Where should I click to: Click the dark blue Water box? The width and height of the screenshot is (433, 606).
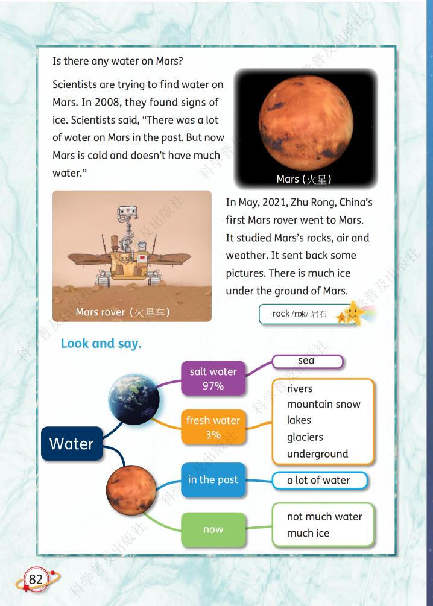[72, 444]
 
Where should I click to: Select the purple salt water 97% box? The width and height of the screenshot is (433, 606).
[213, 378]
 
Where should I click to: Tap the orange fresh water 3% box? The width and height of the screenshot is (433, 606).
[213, 427]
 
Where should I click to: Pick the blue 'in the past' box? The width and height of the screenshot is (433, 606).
[213, 479]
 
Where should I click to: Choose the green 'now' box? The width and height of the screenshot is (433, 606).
[213, 529]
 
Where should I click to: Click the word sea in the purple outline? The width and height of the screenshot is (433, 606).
[306, 361]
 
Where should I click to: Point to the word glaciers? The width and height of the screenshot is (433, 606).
[305, 437]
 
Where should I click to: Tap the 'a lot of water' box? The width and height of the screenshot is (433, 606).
[320, 481]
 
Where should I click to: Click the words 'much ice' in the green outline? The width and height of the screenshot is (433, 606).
[308, 533]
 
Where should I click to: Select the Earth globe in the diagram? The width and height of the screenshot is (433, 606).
[134, 400]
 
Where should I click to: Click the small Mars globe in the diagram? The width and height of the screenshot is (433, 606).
[131, 490]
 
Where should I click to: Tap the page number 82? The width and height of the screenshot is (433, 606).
[36, 579]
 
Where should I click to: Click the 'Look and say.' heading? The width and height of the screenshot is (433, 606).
[101, 343]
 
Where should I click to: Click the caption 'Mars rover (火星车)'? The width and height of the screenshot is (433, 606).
[122, 312]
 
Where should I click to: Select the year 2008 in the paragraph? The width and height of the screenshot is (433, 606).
[107, 103]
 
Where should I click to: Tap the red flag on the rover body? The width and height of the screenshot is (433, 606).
[142, 258]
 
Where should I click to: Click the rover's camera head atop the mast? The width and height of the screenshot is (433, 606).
[128, 211]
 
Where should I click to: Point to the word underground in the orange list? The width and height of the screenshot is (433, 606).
[317, 453]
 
